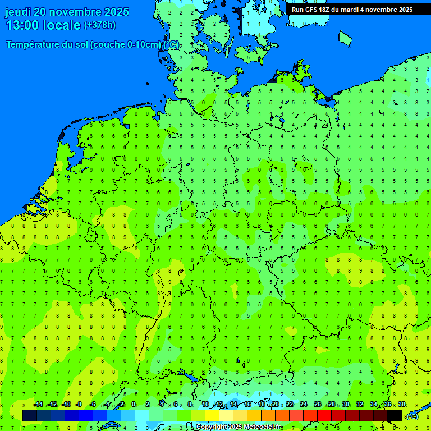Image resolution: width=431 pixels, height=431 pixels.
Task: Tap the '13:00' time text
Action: tap(22, 25)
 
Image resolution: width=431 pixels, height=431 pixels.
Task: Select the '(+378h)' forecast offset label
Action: tap(99, 25)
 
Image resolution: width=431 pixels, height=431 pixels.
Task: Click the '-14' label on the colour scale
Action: tap(38, 405)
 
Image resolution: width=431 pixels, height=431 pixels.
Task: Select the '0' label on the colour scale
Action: tap(134, 405)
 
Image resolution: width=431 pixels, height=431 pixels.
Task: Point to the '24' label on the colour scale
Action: tap(304, 405)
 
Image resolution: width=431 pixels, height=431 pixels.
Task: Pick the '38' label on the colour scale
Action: tap(402, 405)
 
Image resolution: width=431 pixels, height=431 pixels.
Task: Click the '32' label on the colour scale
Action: tap(360, 405)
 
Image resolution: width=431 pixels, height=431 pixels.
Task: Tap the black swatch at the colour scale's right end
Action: tap(395, 415)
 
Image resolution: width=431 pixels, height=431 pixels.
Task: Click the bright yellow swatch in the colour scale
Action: tap(212, 415)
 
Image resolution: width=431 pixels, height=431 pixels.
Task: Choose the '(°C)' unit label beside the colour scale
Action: tap(412, 416)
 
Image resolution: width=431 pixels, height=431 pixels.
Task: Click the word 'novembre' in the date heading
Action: tap(76, 12)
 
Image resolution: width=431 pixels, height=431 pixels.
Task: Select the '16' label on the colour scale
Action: tap(247, 405)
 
